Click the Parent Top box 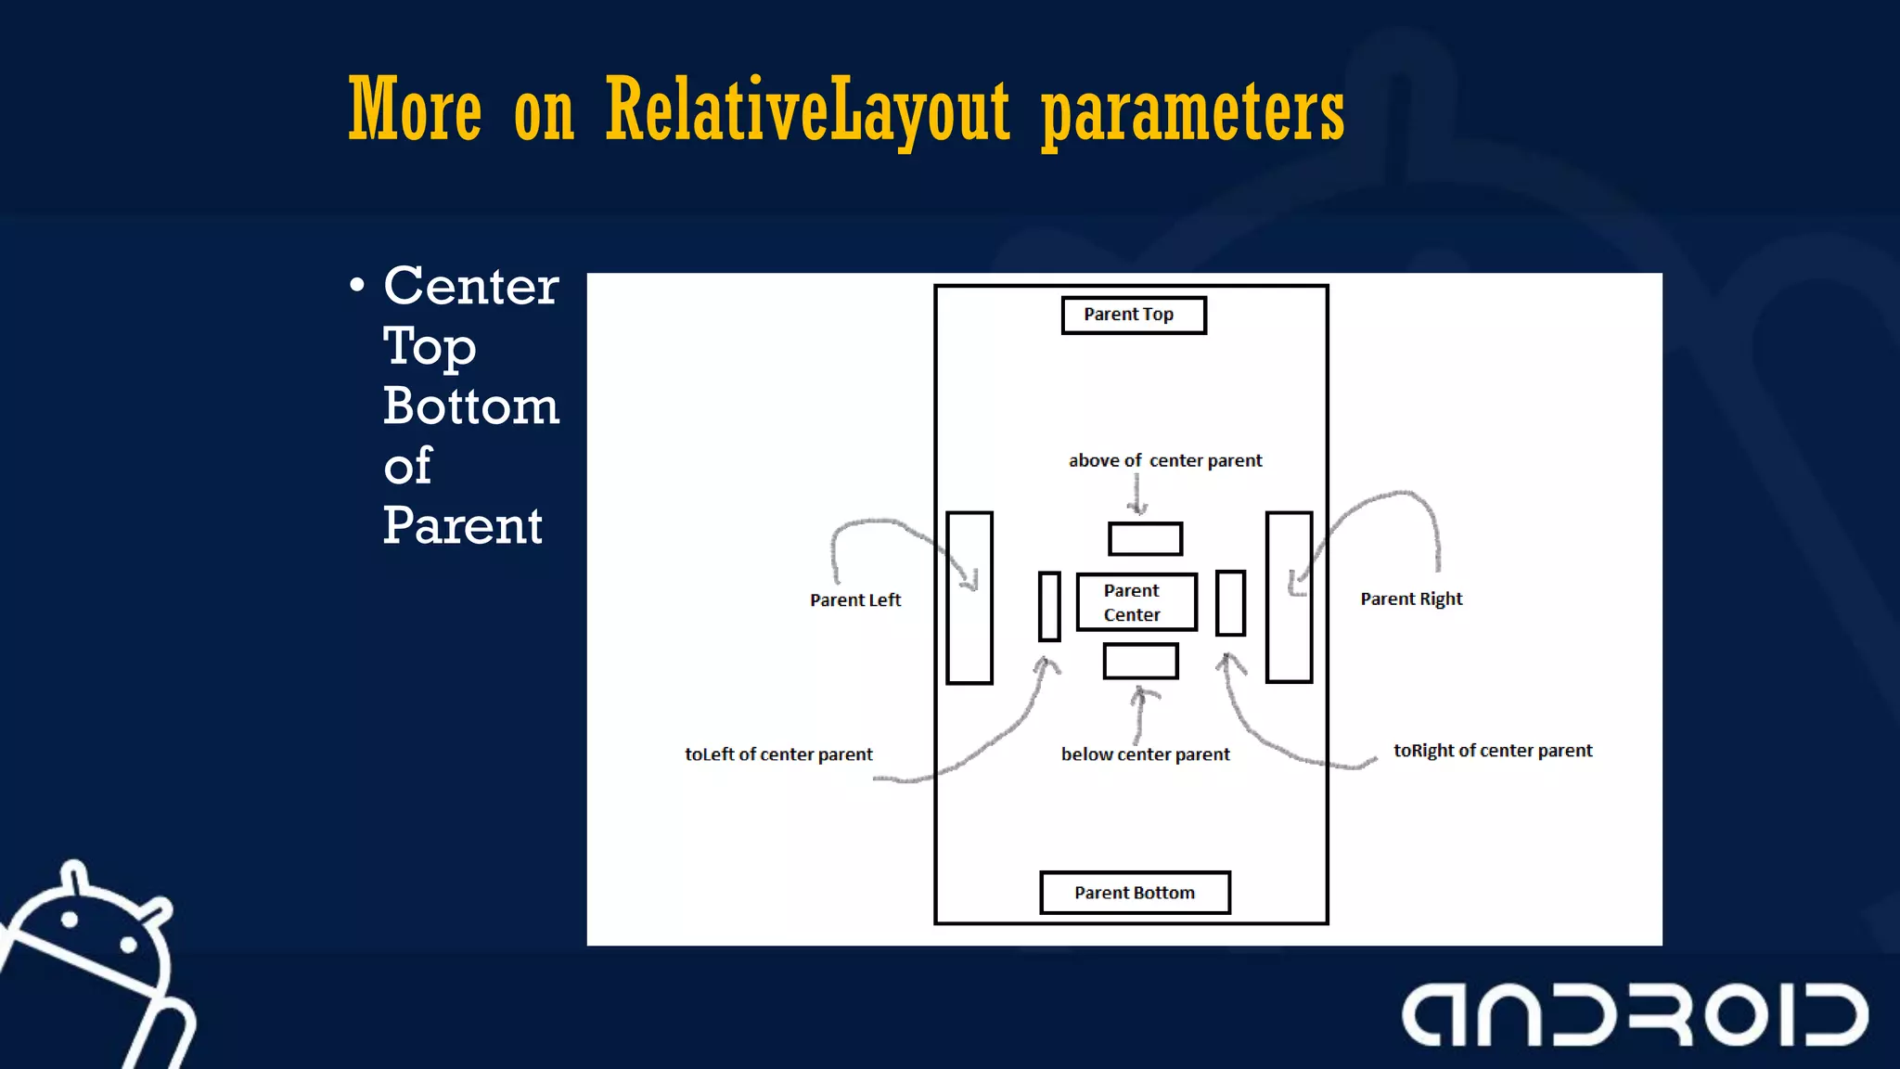(x=1133, y=316)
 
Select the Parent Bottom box (x=1135, y=893)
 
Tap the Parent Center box (x=1136, y=602)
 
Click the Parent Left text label (x=854, y=600)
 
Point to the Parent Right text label (x=1410, y=599)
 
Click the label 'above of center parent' (x=1164, y=460)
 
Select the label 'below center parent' (x=1145, y=754)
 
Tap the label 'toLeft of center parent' (x=778, y=754)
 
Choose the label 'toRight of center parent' (x=1492, y=751)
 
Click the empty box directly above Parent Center (x=1145, y=539)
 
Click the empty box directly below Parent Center (x=1140, y=662)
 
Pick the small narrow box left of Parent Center (x=1049, y=607)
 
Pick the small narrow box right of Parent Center (x=1230, y=603)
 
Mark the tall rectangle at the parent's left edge (x=969, y=598)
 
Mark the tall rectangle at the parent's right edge (x=1289, y=598)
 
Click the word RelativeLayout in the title (x=806, y=111)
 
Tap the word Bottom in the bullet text (x=471, y=406)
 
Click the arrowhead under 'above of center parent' (x=1137, y=507)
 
